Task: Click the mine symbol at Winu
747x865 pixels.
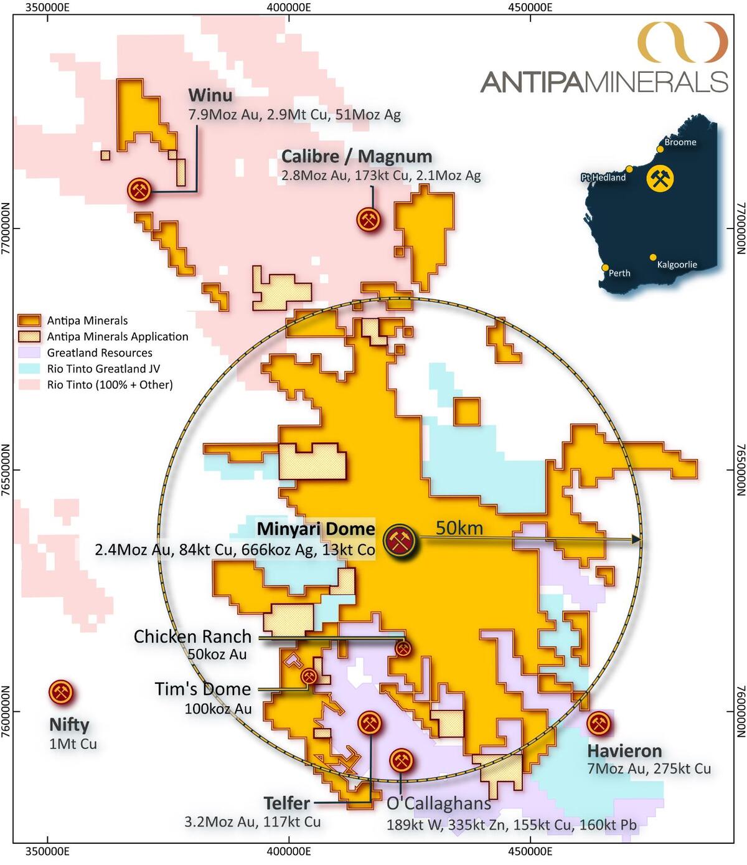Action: [x=139, y=189]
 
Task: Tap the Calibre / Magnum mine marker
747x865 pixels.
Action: [x=369, y=219]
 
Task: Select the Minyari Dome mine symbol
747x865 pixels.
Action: [x=401, y=541]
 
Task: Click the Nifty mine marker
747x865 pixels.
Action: [x=60, y=692]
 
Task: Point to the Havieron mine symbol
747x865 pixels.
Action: [x=598, y=724]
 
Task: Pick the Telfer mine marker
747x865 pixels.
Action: [x=370, y=723]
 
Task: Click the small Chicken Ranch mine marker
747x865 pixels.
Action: [x=403, y=649]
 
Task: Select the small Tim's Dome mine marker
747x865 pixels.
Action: [x=309, y=676]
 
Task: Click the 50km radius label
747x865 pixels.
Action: [x=459, y=527]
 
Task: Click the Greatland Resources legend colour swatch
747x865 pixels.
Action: [x=29, y=352]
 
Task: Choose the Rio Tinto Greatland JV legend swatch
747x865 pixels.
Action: [x=29, y=369]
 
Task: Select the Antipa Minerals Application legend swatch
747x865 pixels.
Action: [x=29, y=336]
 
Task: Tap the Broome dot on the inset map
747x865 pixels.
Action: [x=660, y=149]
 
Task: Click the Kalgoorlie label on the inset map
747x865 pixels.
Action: [x=677, y=265]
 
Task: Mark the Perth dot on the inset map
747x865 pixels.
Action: [x=605, y=268]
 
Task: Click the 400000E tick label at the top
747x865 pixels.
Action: [x=289, y=7]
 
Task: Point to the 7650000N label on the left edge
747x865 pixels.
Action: [x=6, y=470]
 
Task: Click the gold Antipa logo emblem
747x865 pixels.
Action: [x=682, y=42]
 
